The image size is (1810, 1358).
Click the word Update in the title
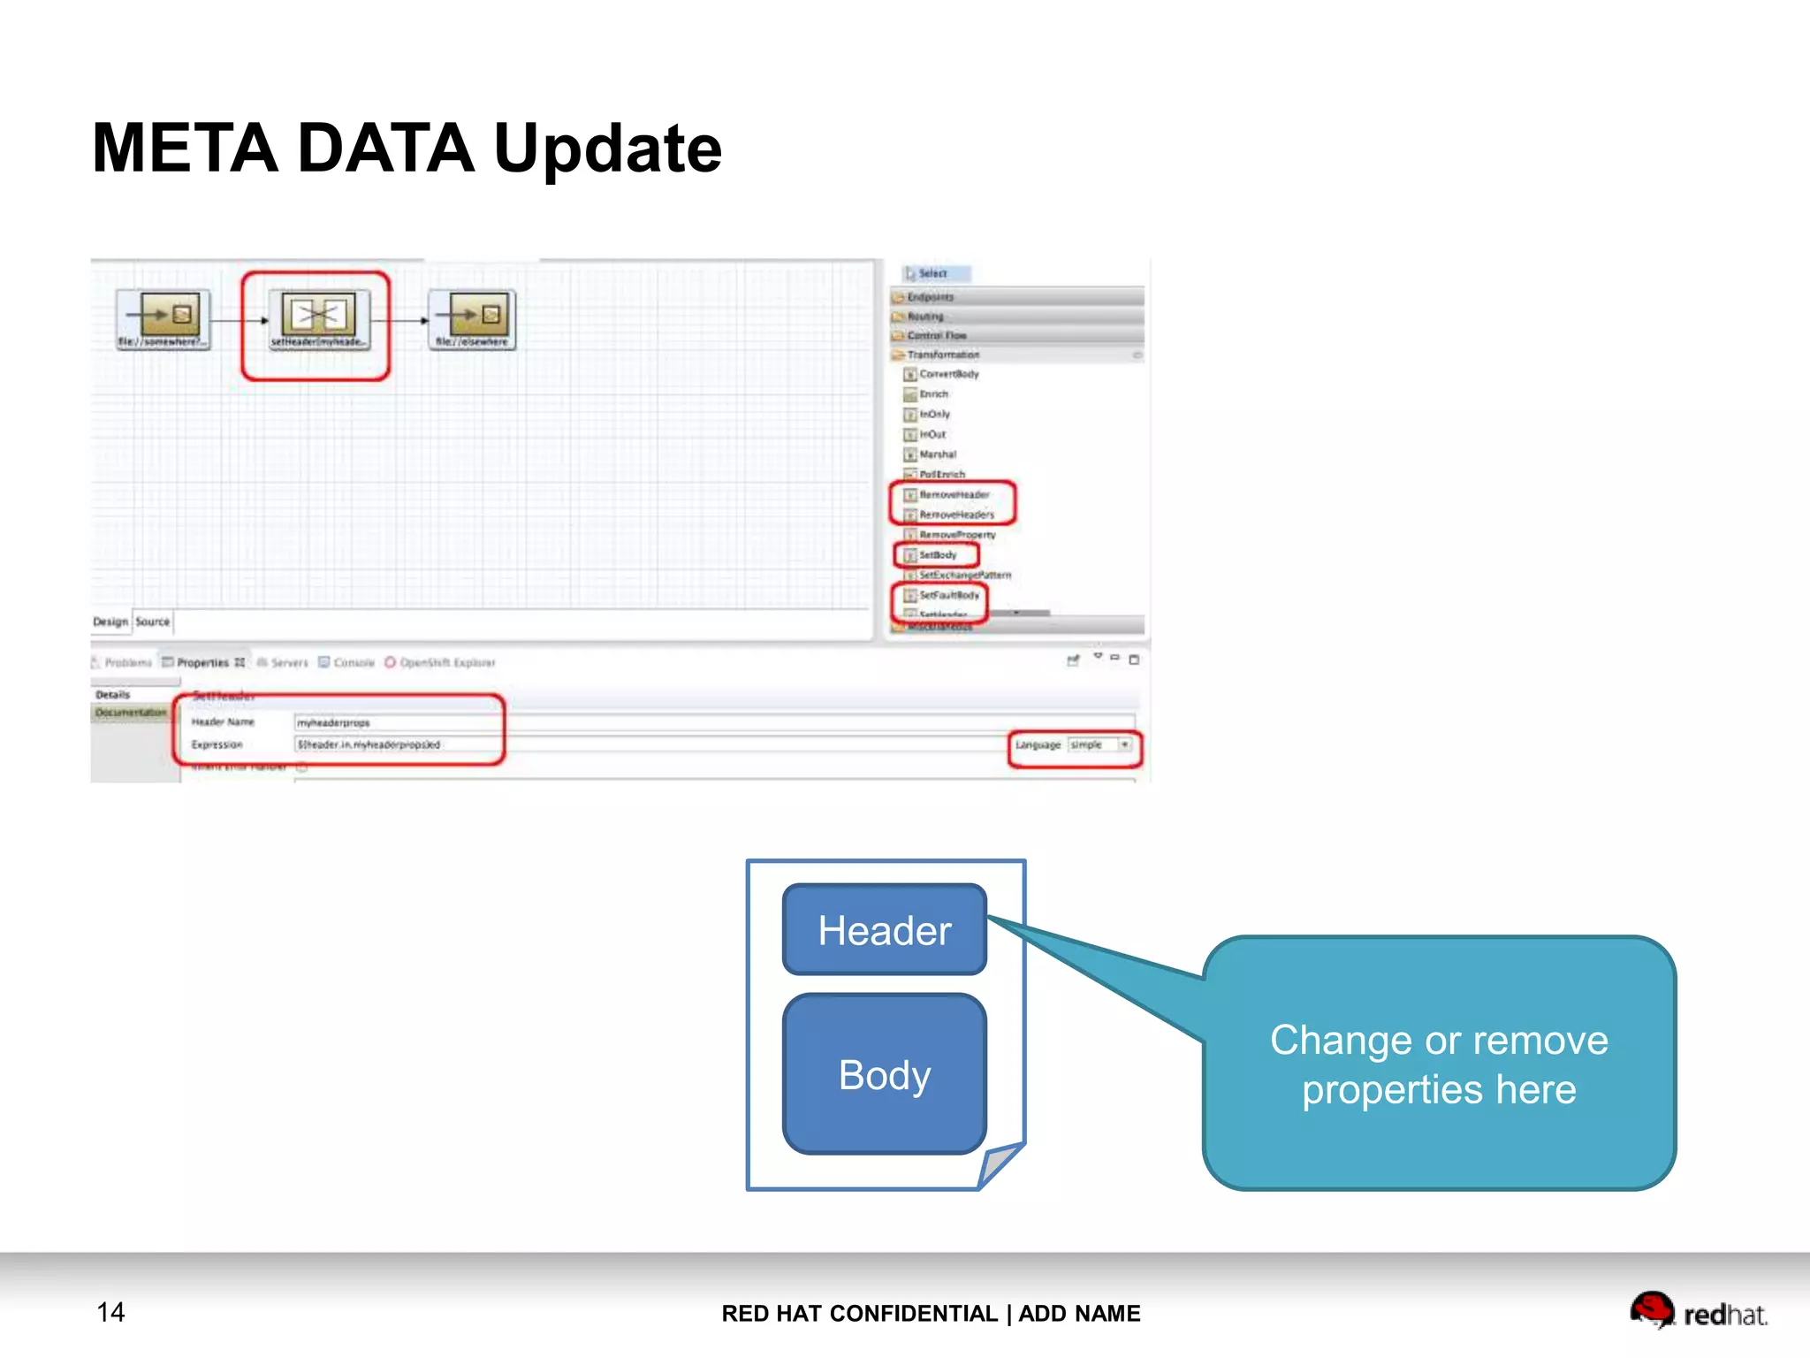607,149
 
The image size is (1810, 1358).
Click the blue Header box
884,930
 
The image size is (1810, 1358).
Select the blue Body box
884,1074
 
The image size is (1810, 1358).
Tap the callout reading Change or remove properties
1439,1064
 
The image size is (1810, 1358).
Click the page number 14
110,1312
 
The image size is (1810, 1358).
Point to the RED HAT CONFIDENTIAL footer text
930,1314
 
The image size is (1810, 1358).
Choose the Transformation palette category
943,355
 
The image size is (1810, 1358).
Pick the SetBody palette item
937,555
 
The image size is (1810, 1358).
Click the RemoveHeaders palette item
955,515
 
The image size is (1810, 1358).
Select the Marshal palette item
937,454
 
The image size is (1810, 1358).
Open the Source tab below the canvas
153,622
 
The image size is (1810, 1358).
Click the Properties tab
202,662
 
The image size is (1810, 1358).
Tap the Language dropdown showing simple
1099,745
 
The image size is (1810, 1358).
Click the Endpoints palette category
930,297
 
